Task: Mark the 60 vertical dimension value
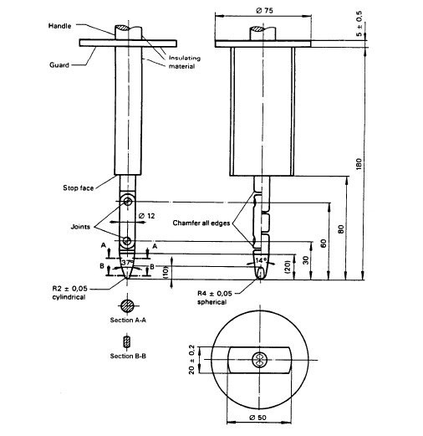323,242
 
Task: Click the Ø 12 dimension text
147,216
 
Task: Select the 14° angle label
261,261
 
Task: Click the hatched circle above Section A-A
126,305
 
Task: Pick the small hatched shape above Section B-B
126,342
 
